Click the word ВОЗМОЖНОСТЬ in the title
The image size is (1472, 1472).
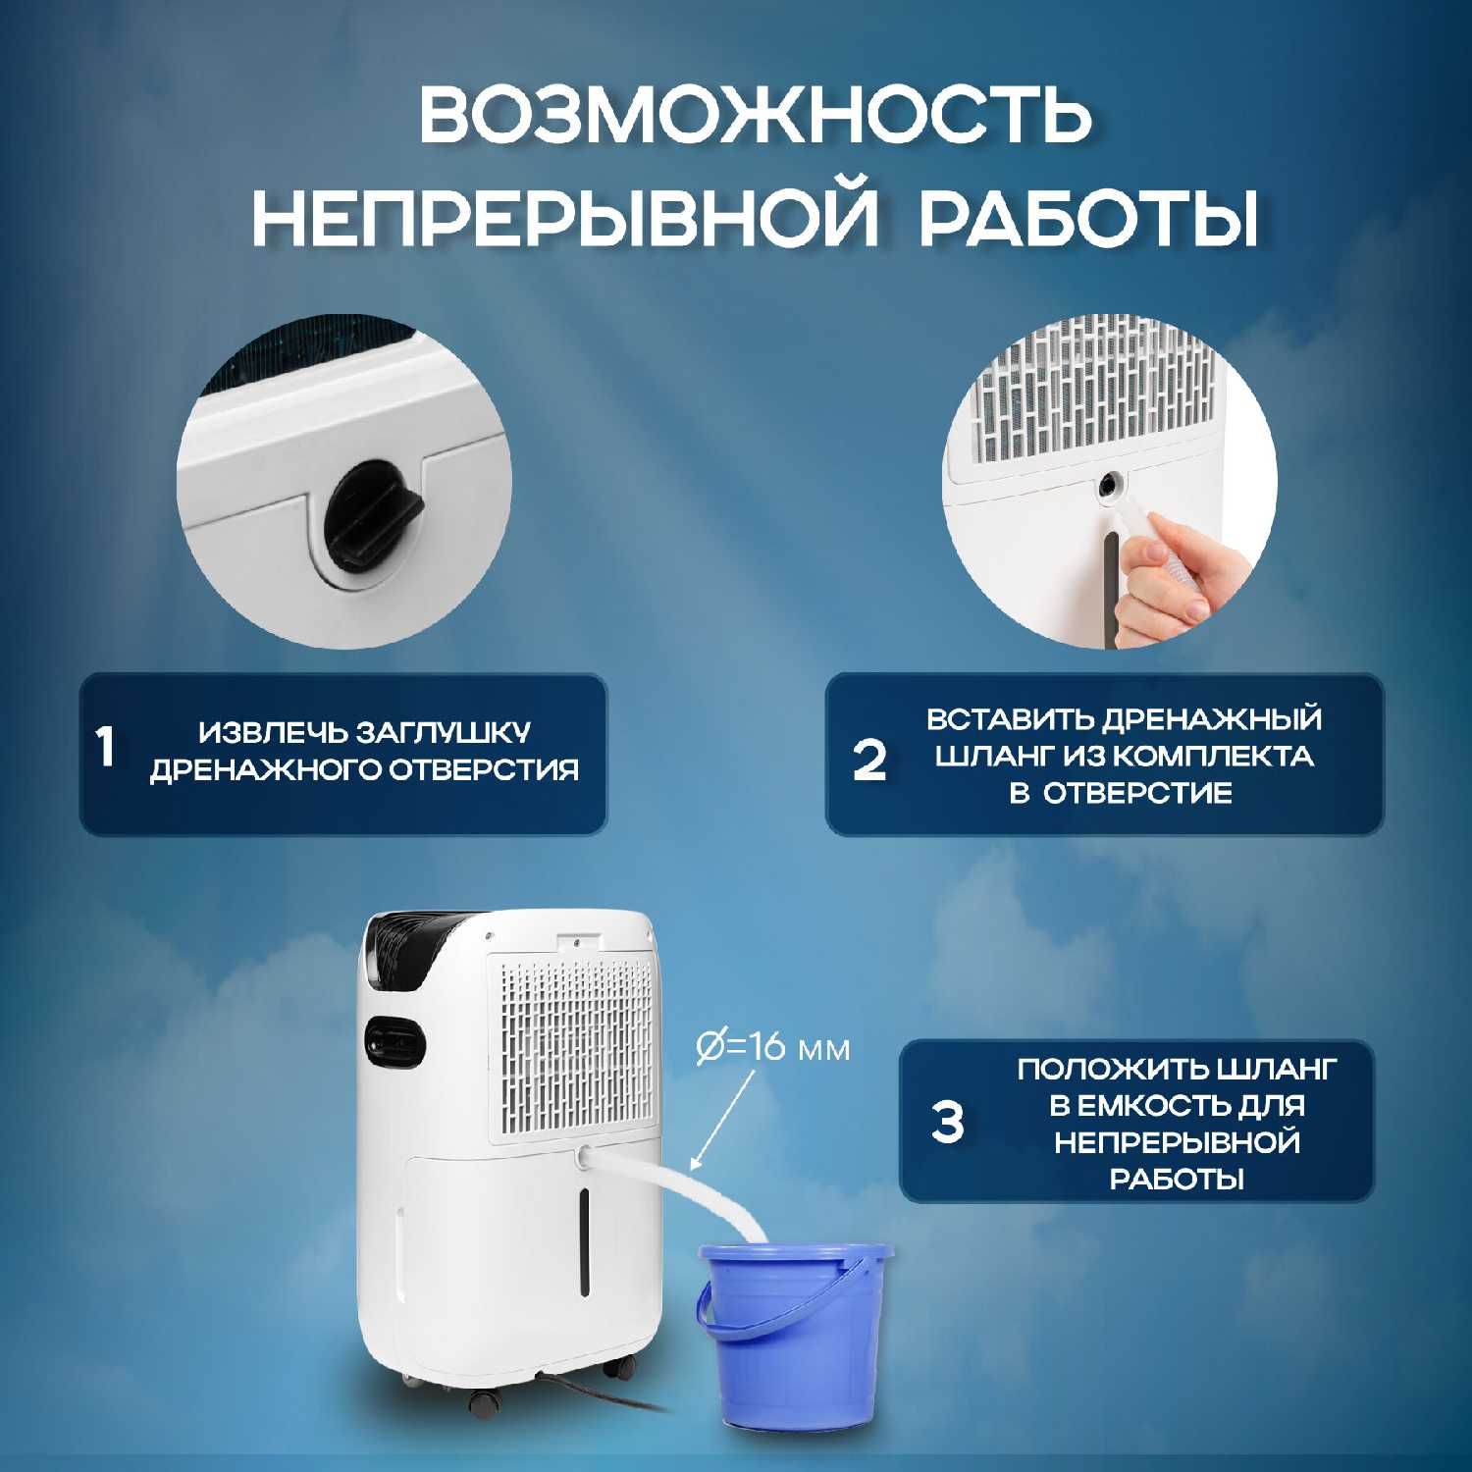(x=756, y=115)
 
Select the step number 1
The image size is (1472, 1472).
(x=106, y=748)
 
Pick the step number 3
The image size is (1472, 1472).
(x=948, y=1123)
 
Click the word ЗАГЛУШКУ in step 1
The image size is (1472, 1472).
(x=443, y=733)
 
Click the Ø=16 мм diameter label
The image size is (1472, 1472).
(x=772, y=1048)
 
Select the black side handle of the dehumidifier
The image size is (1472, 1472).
(x=394, y=1042)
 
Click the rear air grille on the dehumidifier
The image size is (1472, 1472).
(x=576, y=1046)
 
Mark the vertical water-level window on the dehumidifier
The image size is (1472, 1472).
(x=583, y=1240)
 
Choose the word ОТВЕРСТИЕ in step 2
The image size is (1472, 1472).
(x=1137, y=793)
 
